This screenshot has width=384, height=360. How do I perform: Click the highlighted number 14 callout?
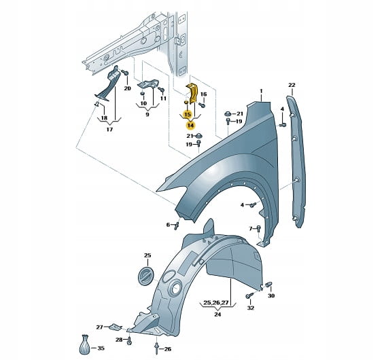(190, 126)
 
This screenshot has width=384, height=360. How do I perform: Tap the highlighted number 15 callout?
(188, 114)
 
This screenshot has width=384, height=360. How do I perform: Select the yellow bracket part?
(192, 93)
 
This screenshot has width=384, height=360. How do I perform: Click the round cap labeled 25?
(146, 276)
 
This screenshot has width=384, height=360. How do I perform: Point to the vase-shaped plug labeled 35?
(85, 344)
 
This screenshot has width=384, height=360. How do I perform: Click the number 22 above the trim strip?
(292, 85)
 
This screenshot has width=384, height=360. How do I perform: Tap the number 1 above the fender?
(261, 91)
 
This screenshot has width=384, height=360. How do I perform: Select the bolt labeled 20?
(125, 72)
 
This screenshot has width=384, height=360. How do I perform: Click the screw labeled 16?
(202, 105)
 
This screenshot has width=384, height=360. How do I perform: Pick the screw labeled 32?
(249, 296)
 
